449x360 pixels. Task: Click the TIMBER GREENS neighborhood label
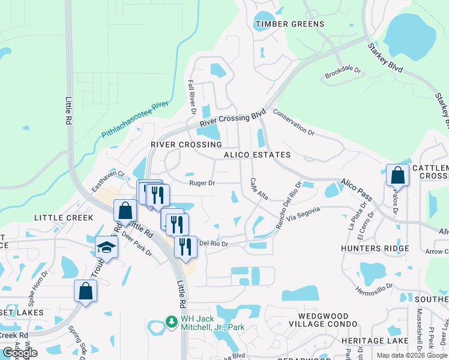tap(290, 25)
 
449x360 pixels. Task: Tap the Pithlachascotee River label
tap(134, 121)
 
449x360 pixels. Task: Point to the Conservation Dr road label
tap(294, 122)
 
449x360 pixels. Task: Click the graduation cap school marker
tap(106, 247)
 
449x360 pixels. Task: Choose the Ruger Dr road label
tap(202, 183)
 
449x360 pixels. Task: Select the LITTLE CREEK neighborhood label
tap(64, 218)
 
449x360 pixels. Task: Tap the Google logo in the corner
tap(20, 353)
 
